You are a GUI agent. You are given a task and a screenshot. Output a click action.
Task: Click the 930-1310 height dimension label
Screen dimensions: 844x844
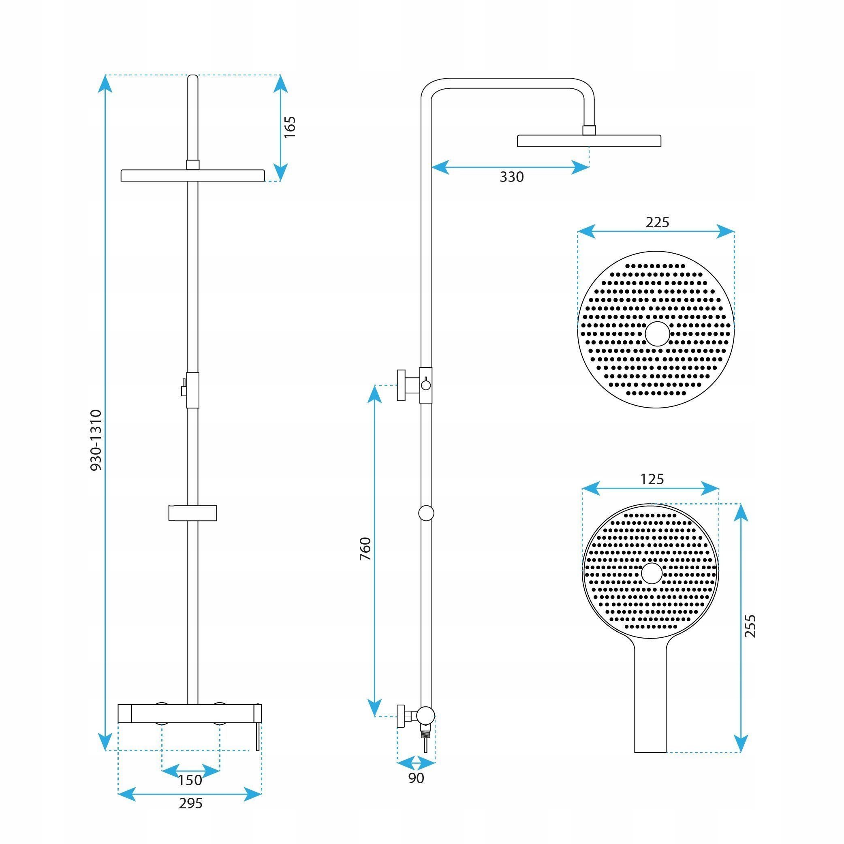click(96, 440)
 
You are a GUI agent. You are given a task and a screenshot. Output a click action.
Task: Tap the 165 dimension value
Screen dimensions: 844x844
click(290, 127)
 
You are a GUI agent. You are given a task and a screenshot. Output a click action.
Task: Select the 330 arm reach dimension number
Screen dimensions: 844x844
click(512, 177)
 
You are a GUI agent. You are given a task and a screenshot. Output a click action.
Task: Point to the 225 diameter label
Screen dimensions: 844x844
click(657, 222)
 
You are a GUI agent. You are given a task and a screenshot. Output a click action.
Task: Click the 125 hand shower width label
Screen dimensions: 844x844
click(652, 479)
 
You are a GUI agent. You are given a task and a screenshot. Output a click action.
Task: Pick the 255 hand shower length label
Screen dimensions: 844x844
click(750, 626)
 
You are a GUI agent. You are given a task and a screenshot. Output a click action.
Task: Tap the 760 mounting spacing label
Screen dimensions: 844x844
click(365, 549)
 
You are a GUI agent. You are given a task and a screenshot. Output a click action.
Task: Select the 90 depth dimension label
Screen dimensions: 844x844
click(416, 778)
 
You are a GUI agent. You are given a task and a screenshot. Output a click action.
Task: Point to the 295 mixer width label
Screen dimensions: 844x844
click(190, 803)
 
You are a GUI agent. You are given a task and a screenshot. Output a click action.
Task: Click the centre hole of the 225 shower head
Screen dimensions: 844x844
click(657, 334)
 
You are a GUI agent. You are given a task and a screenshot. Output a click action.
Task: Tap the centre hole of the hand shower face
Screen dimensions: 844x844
click(652, 573)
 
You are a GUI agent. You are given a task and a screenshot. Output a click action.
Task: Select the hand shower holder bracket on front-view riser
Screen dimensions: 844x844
click(192, 513)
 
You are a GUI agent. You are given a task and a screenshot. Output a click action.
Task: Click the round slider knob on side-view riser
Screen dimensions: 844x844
click(426, 513)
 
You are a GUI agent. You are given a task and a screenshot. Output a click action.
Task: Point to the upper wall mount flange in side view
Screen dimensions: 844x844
click(402, 385)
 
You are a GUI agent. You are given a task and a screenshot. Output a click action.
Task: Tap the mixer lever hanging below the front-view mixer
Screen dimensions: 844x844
click(258, 735)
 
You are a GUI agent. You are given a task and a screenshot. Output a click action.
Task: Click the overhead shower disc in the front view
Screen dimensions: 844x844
click(192, 175)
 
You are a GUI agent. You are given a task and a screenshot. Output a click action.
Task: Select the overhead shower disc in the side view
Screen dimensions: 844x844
click(589, 141)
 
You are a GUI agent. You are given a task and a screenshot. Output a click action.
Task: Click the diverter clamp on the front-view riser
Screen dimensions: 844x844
click(192, 390)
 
